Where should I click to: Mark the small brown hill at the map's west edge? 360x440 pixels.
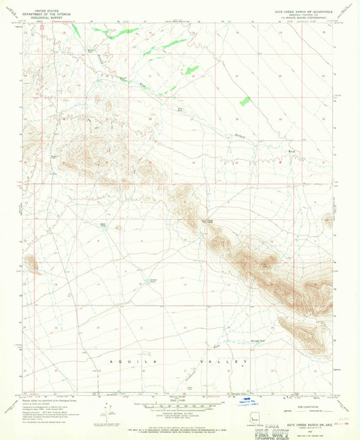click(x=30, y=262)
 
